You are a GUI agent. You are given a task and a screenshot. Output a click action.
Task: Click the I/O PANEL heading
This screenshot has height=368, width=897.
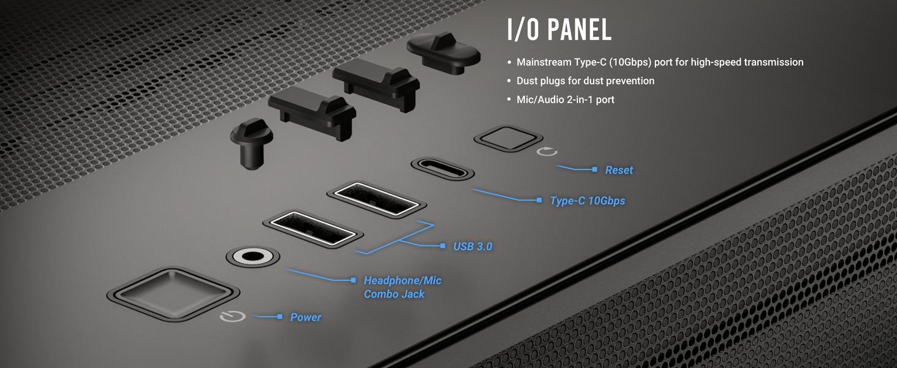559,29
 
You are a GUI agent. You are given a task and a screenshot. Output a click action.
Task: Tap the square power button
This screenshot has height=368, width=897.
173,294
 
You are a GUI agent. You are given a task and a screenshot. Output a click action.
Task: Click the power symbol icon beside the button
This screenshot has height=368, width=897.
233,316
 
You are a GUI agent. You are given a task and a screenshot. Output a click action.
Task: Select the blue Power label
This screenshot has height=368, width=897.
306,317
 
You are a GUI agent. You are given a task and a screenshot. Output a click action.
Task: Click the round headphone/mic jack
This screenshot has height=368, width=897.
252,256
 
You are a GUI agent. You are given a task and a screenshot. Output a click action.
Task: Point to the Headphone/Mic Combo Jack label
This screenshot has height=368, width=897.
403,287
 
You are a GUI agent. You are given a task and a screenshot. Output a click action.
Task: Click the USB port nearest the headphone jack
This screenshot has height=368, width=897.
313,228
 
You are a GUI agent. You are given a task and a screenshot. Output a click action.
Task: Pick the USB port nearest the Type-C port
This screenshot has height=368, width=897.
376,199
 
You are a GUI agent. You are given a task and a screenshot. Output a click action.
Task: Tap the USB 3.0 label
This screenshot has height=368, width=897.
472,246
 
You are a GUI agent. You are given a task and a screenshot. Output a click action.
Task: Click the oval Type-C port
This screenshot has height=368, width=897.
442,169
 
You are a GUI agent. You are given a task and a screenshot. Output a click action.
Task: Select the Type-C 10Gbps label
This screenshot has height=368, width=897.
588,201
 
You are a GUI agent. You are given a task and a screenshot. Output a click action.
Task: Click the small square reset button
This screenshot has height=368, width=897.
508,138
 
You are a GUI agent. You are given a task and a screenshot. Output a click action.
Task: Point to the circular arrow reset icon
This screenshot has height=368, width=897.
547,151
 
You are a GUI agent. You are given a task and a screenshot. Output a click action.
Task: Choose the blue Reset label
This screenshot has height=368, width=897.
619,170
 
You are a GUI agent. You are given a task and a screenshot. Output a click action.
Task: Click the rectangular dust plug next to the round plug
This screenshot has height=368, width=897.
312,112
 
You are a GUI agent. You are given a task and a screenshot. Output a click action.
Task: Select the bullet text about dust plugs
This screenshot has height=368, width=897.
586,81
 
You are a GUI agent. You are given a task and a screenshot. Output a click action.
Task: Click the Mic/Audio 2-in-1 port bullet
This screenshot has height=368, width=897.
566,99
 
